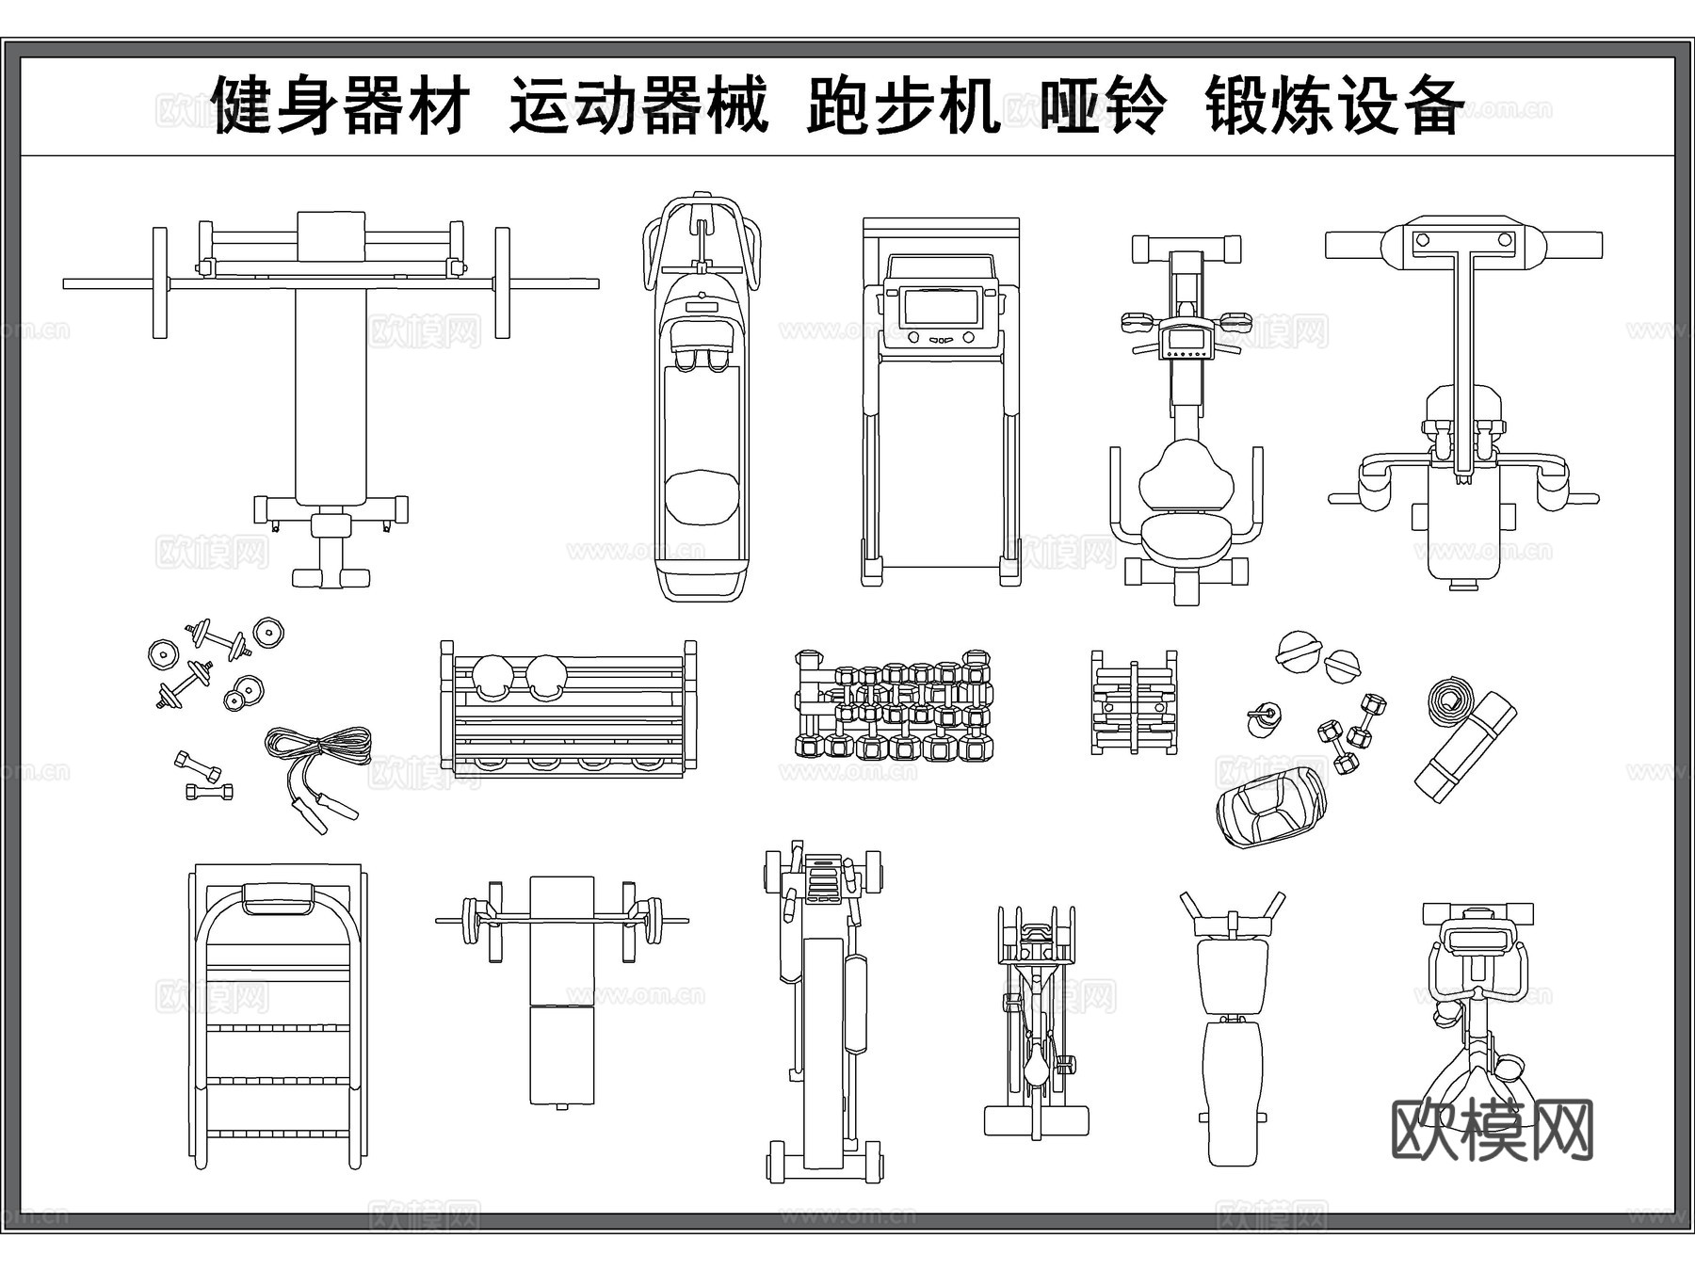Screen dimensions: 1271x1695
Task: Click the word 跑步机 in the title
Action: (x=902, y=105)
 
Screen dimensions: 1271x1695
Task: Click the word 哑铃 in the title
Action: (x=1102, y=105)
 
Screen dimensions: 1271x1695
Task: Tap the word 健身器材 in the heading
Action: (x=341, y=105)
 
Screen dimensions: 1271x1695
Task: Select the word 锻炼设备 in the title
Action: (x=1333, y=105)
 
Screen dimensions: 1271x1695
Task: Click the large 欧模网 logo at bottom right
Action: (x=1492, y=1131)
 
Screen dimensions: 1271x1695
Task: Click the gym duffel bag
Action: (x=1269, y=806)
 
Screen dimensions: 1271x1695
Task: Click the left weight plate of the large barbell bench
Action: (x=159, y=282)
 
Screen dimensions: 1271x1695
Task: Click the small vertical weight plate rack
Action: (x=1133, y=701)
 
